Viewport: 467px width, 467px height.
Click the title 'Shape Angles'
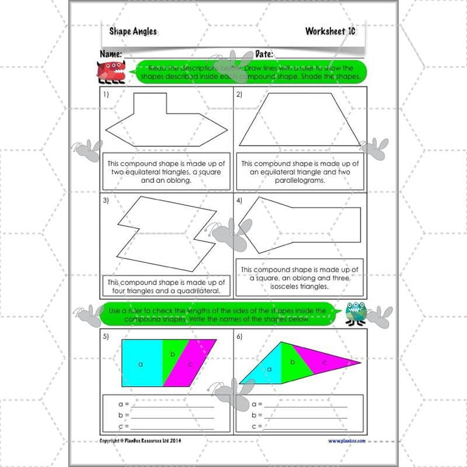(133, 32)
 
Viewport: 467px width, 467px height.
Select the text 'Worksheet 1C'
(329, 32)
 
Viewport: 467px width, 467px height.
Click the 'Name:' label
(111, 54)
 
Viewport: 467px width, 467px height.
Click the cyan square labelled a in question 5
(141, 363)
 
